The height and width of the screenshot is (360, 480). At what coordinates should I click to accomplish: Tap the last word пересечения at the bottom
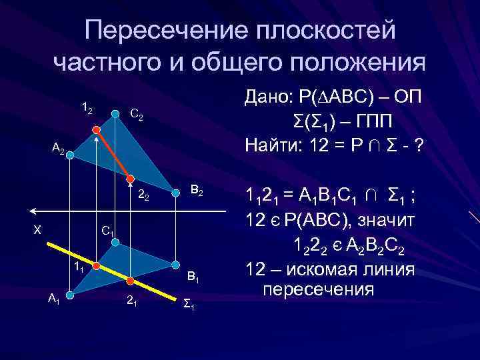point(318,291)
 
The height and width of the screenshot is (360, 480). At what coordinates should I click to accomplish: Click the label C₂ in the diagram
point(135,116)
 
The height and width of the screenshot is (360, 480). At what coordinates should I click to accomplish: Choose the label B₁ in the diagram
point(193,275)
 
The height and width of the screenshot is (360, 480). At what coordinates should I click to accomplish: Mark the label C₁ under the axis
point(107,231)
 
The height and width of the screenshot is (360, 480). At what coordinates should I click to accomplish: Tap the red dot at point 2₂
point(131,179)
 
